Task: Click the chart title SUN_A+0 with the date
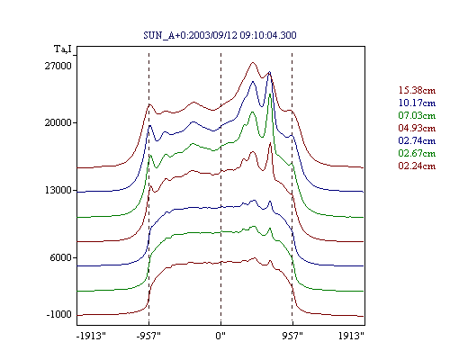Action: coord(220,35)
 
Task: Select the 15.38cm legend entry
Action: coord(417,90)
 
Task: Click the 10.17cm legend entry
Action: coord(417,103)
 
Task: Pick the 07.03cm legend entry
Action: coord(417,115)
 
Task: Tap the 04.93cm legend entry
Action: coord(417,128)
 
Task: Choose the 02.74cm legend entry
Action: coord(417,140)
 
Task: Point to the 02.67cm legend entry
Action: coord(417,153)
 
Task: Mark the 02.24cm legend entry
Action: coord(417,166)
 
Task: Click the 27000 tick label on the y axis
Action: coord(58,66)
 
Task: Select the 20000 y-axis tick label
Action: coord(58,122)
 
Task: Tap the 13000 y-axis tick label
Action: coord(58,190)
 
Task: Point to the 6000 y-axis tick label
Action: coord(61,257)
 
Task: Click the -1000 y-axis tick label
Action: coord(58,314)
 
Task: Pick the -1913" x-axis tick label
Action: coord(92,336)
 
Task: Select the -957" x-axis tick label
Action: coord(148,336)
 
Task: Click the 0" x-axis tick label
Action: coord(220,336)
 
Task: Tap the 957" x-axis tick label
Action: coord(292,336)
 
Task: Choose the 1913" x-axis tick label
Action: coord(351,336)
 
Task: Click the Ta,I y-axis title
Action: coord(63,49)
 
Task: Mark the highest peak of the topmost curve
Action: coord(253,62)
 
